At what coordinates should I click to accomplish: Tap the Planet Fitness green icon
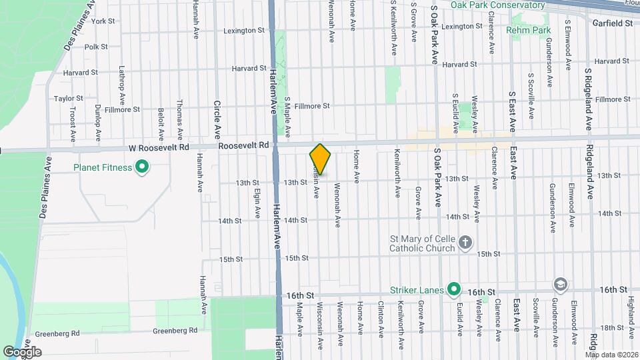tap(141, 167)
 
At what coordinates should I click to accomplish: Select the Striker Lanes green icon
tap(454, 289)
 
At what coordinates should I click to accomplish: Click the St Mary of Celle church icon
tap(465, 242)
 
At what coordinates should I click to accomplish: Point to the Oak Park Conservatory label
tap(497, 5)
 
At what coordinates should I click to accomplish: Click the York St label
tap(103, 21)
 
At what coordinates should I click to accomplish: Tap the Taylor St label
tap(68, 98)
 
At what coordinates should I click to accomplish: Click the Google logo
tap(23, 351)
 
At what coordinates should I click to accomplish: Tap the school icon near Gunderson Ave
tap(561, 285)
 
